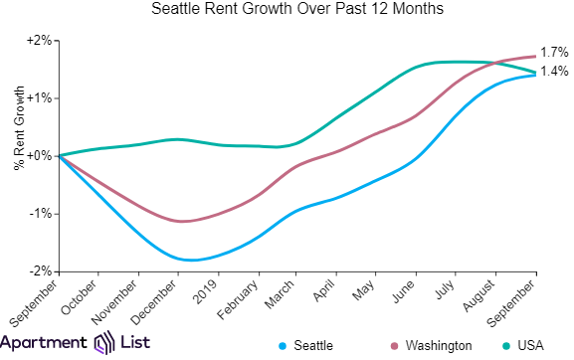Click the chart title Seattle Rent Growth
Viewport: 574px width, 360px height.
297,12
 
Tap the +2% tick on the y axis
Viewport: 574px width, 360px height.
37,41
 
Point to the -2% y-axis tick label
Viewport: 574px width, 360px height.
39,271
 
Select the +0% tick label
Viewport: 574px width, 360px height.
37,156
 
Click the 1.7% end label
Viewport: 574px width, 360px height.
554,53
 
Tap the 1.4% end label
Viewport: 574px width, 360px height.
554,72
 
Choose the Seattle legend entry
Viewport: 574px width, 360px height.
309,345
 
